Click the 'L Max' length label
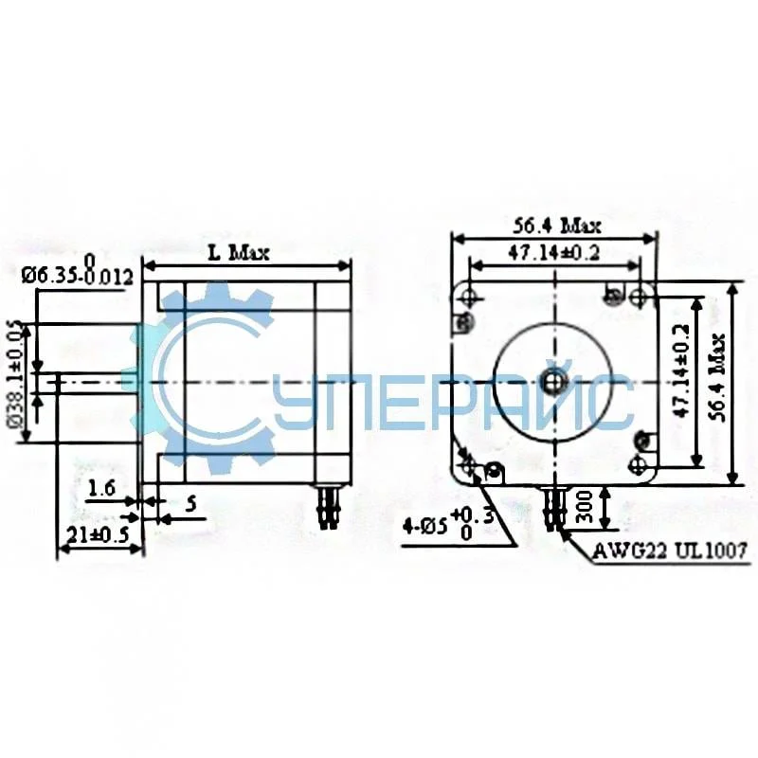[x=239, y=253]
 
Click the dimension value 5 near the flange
[x=190, y=504]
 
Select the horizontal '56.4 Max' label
[x=557, y=226]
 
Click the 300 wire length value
[x=585, y=509]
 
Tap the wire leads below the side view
[x=328, y=507]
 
